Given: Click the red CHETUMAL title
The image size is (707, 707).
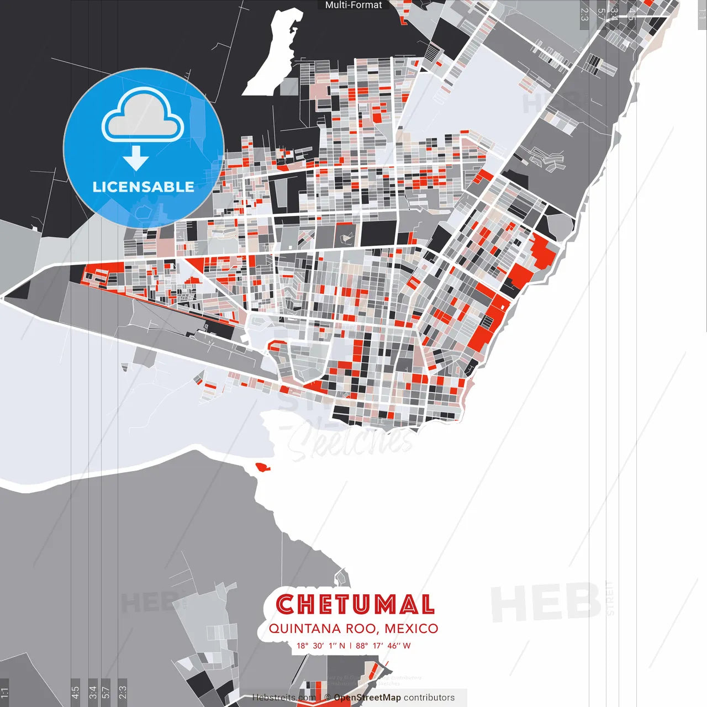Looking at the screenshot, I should point(355,604).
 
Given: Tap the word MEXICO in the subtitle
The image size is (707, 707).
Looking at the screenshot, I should point(411,629).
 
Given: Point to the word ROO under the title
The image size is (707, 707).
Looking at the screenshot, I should point(362,629).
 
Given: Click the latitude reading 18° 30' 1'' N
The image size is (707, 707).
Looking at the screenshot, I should point(321,646).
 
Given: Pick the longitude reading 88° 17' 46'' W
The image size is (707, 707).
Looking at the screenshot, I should point(383,646).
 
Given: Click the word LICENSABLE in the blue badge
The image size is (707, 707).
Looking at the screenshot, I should point(143,187).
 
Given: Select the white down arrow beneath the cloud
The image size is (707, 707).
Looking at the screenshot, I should point(136,159).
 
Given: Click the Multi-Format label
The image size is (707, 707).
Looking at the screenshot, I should point(353,5).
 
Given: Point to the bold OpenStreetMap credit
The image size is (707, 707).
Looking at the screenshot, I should point(367,698).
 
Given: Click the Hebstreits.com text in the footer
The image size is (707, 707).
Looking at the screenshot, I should point(284,698).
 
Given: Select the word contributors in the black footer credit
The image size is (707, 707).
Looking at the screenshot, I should point(429,698).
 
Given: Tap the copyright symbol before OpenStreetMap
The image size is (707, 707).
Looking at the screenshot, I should point(328,698).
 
